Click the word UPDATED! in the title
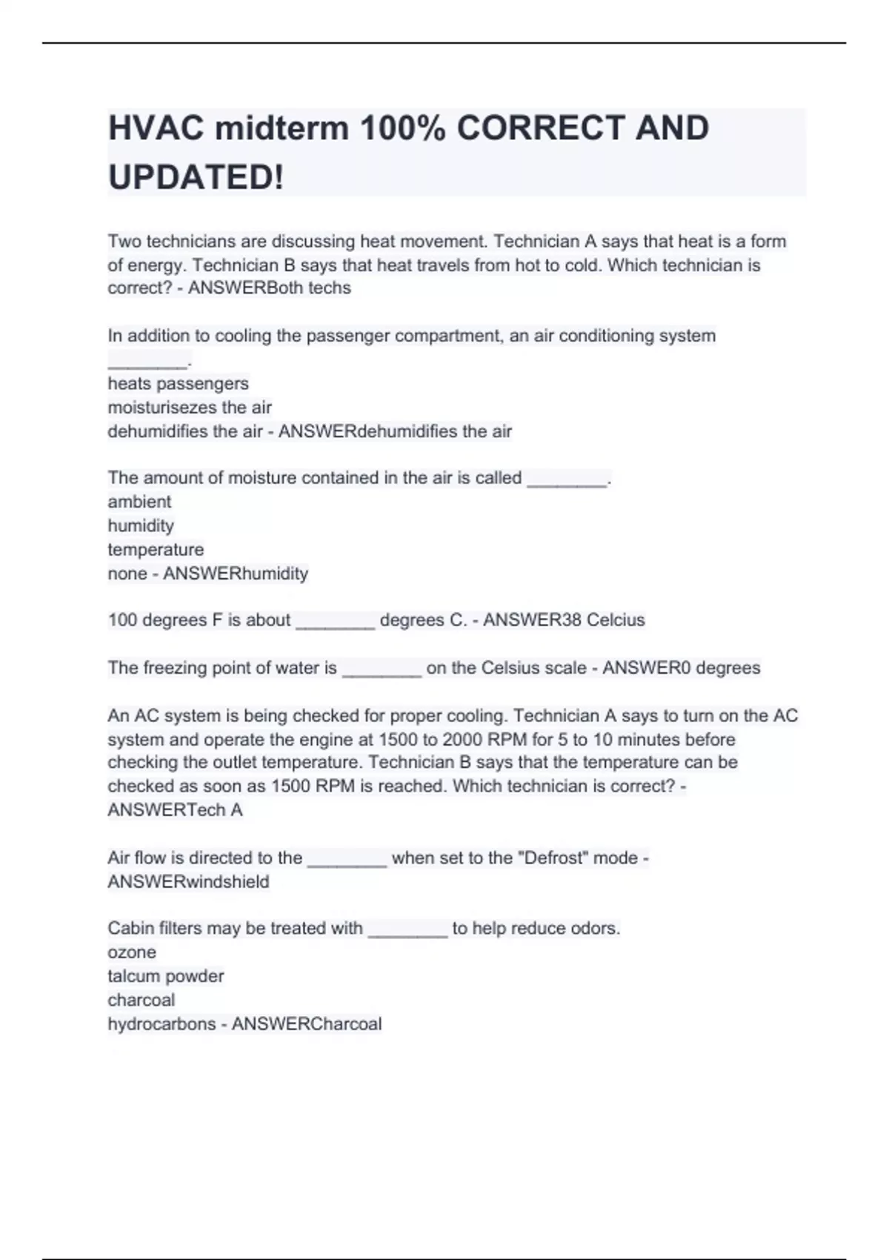[196, 177]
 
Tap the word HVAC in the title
[156, 128]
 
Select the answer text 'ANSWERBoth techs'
[269, 288]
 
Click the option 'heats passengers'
[178, 383]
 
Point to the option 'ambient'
[139, 502]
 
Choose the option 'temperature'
[156, 549]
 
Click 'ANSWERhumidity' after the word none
[235, 574]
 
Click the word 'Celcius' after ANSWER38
[616, 620]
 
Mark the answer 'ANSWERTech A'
[175, 809]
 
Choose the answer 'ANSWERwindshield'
[188, 881]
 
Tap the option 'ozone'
[132, 952]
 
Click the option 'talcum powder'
[165, 976]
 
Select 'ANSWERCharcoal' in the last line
[307, 1024]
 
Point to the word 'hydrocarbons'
[162, 1024]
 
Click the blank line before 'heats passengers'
[147, 363]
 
